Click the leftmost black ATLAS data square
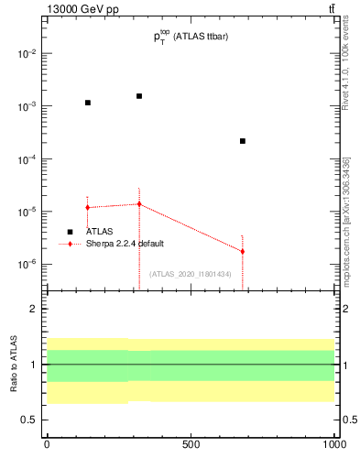(88, 103)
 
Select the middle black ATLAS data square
(139, 95)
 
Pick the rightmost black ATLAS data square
(242, 141)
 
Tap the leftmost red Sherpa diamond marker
(88, 207)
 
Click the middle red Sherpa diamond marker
(139, 203)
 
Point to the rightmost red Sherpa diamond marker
(242, 251)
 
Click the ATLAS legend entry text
(99, 232)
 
